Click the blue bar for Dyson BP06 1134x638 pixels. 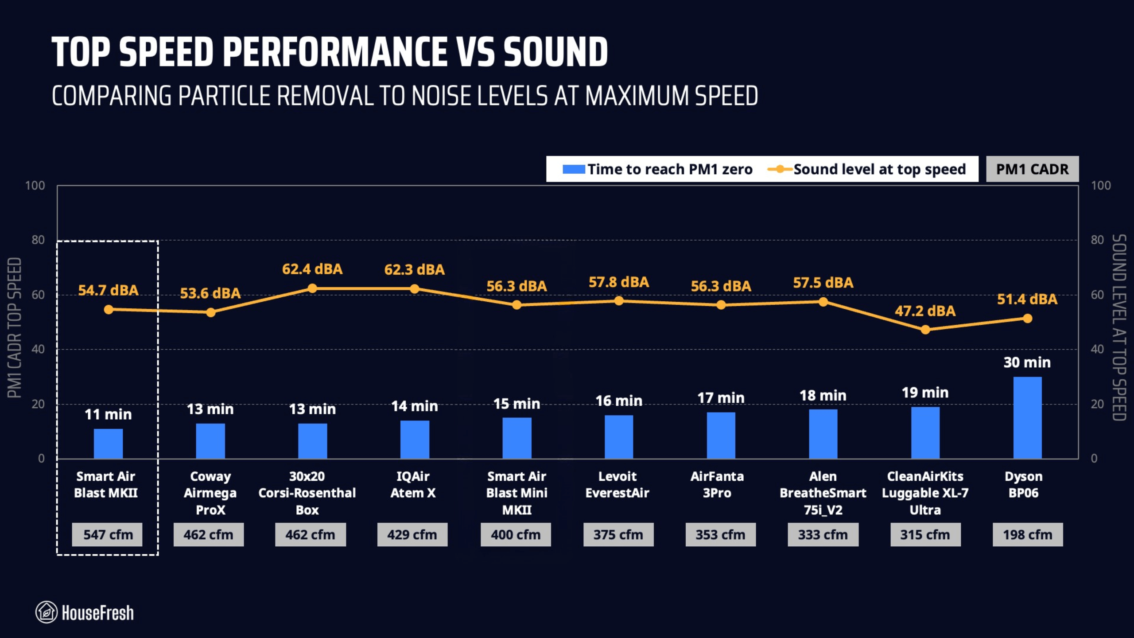1027,417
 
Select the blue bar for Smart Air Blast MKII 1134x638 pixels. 108,443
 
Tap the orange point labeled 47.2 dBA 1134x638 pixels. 925,330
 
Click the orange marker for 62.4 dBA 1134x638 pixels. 312,288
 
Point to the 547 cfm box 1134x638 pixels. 107,534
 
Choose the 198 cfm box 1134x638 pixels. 1027,534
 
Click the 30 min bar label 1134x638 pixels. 1027,362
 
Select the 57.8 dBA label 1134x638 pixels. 618,282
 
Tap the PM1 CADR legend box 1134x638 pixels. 1032,169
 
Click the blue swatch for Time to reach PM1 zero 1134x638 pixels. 574,169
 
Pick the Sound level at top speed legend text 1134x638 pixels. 879,169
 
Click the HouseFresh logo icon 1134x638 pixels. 47,612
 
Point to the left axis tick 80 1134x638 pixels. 38,240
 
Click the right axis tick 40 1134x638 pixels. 1097,349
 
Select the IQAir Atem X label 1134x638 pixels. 413,484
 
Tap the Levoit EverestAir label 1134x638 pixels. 617,484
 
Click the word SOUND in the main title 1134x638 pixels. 555,52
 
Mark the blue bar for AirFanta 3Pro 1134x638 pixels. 721,435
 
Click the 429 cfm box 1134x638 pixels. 412,534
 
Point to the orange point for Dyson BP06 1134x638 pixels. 1027,319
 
